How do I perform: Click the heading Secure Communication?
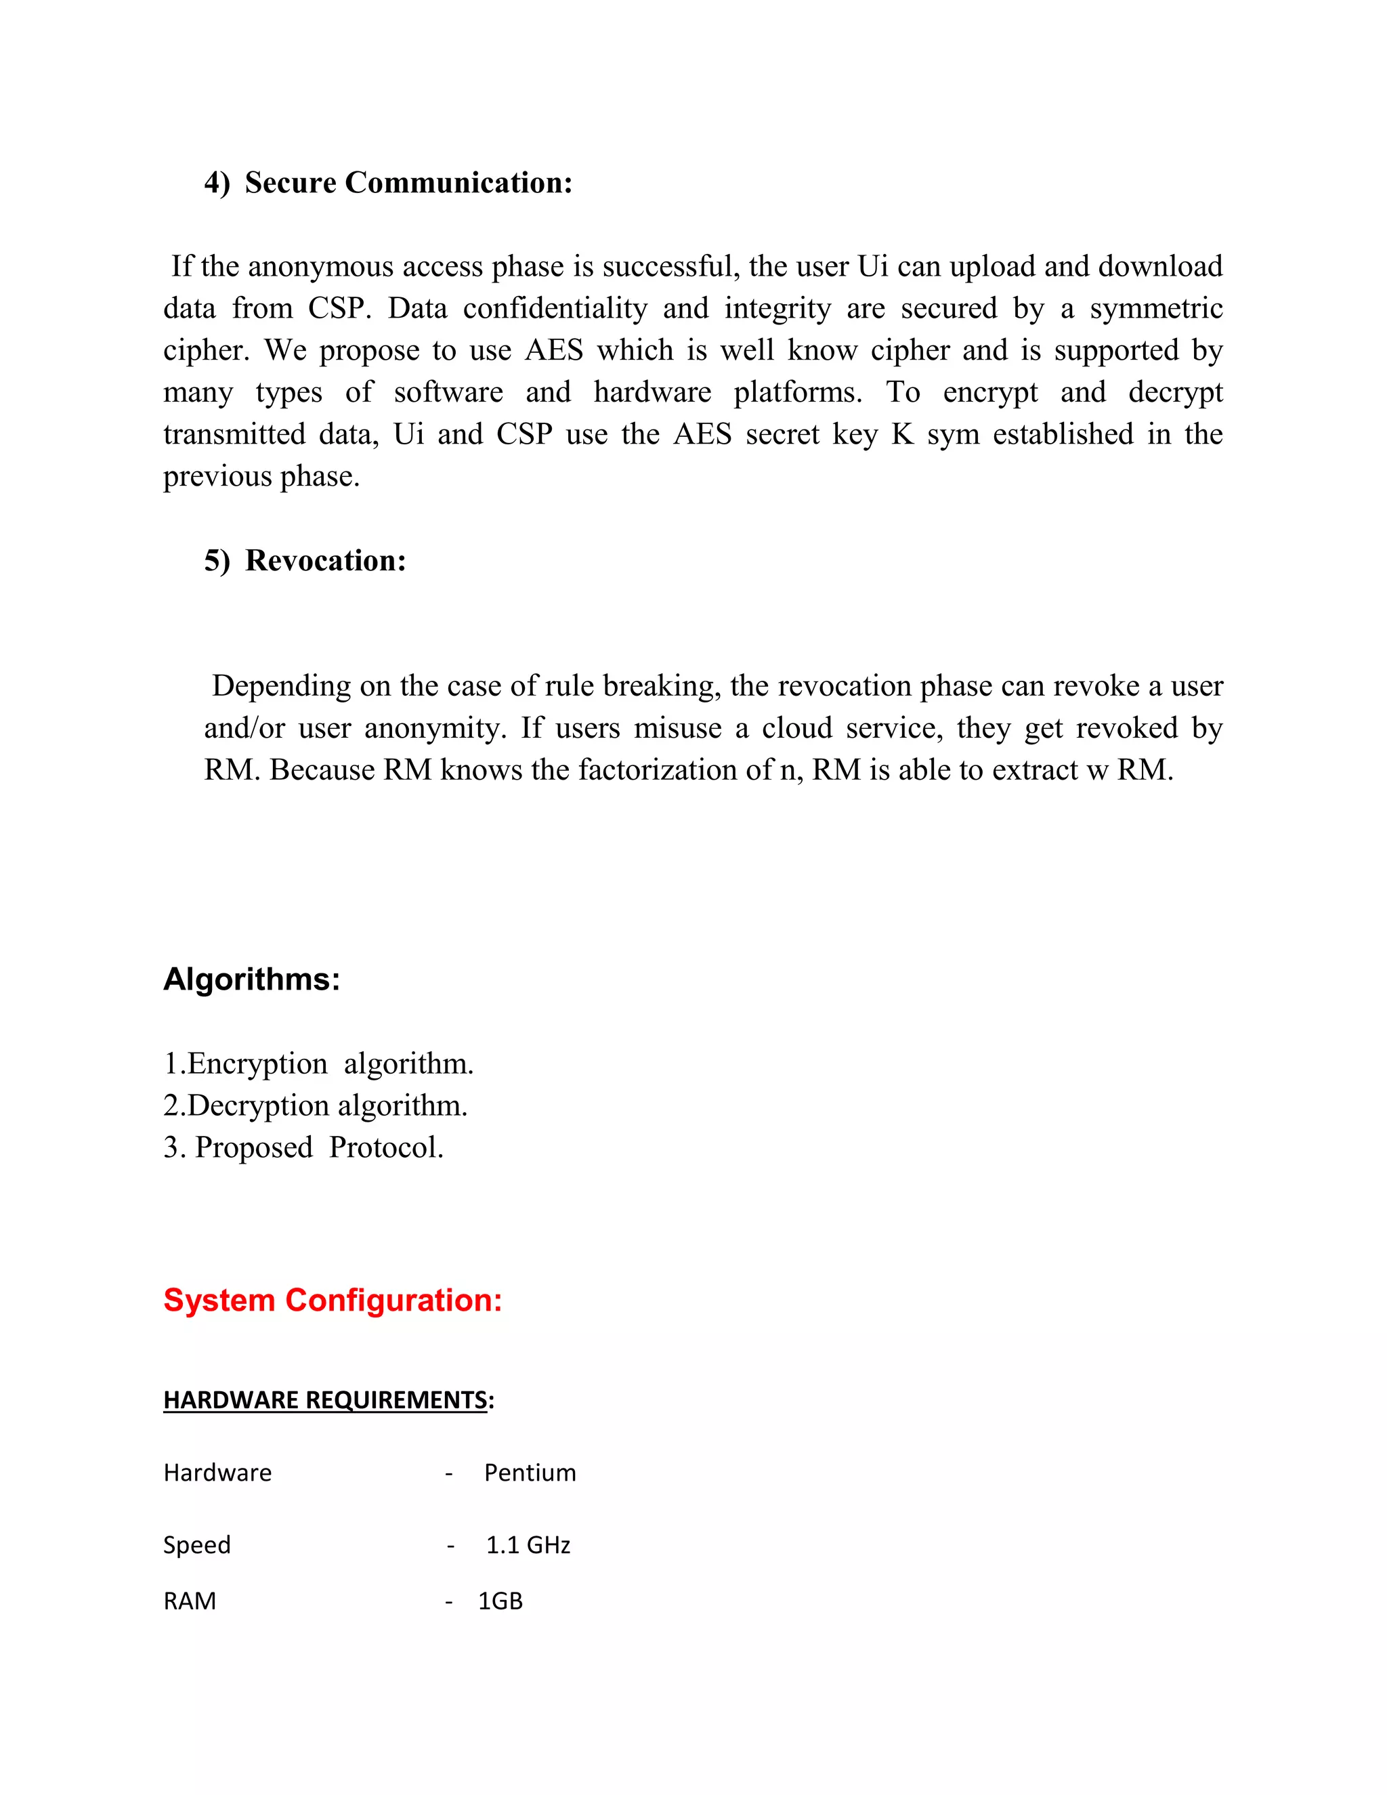coord(408,182)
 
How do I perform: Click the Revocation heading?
coord(325,561)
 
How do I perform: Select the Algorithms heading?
coord(251,979)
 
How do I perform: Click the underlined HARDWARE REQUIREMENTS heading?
coord(327,1399)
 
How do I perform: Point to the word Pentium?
coord(530,1472)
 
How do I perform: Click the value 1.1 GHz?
coord(528,1544)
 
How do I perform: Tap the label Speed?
coord(197,1544)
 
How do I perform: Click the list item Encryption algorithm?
coord(319,1063)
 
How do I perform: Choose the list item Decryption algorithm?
coord(316,1105)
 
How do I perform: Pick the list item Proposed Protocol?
coord(304,1147)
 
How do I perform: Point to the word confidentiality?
coord(555,308)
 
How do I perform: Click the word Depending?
coord(280,686)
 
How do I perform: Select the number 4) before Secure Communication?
coord(217,182)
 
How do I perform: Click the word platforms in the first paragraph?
coord(797,392)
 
